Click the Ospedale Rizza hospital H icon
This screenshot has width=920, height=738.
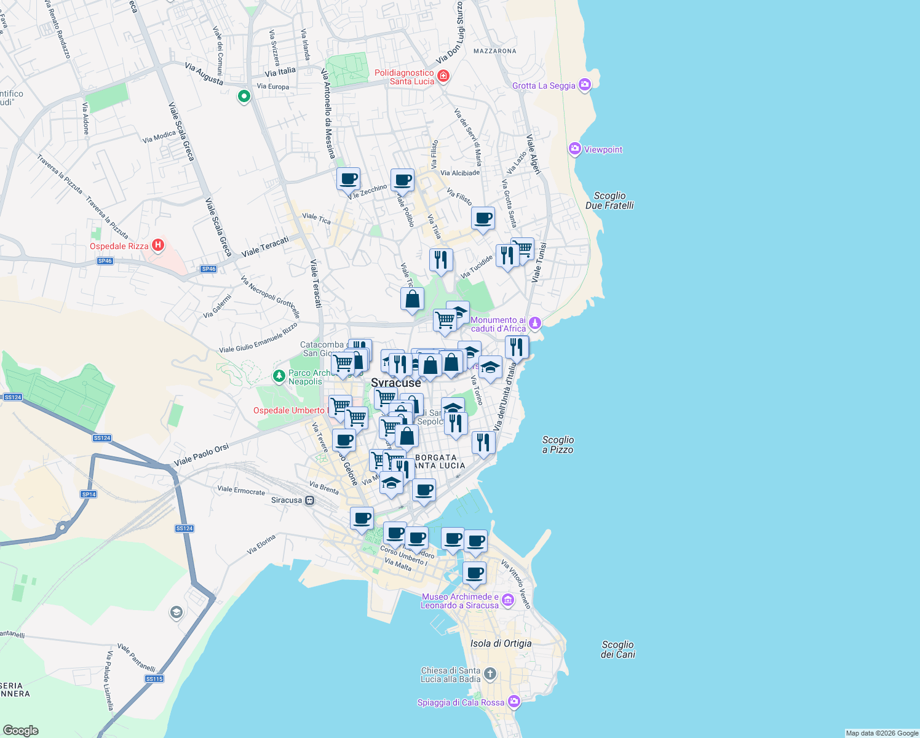158,246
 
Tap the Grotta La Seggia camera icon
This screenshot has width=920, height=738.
585,85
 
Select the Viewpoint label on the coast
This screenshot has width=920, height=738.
603,149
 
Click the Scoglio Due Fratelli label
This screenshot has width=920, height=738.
609,200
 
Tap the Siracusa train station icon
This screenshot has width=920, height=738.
310,500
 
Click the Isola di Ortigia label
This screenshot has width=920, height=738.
501,643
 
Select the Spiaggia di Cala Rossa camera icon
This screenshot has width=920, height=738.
514,702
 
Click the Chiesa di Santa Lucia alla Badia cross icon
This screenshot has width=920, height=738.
490,674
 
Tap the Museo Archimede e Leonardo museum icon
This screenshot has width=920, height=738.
507,600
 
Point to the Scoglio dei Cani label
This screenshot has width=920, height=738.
617,649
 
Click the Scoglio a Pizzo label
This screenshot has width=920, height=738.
558,445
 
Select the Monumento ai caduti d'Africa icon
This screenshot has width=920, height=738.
535,323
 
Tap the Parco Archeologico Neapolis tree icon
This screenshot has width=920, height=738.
279,375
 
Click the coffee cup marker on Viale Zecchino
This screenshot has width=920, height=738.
348,180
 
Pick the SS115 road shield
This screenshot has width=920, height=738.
154,679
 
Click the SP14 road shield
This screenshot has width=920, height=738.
89,494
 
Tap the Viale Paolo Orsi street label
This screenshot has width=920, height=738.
201,455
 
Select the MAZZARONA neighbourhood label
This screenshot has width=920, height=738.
494,51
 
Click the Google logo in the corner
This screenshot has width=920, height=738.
20,730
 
